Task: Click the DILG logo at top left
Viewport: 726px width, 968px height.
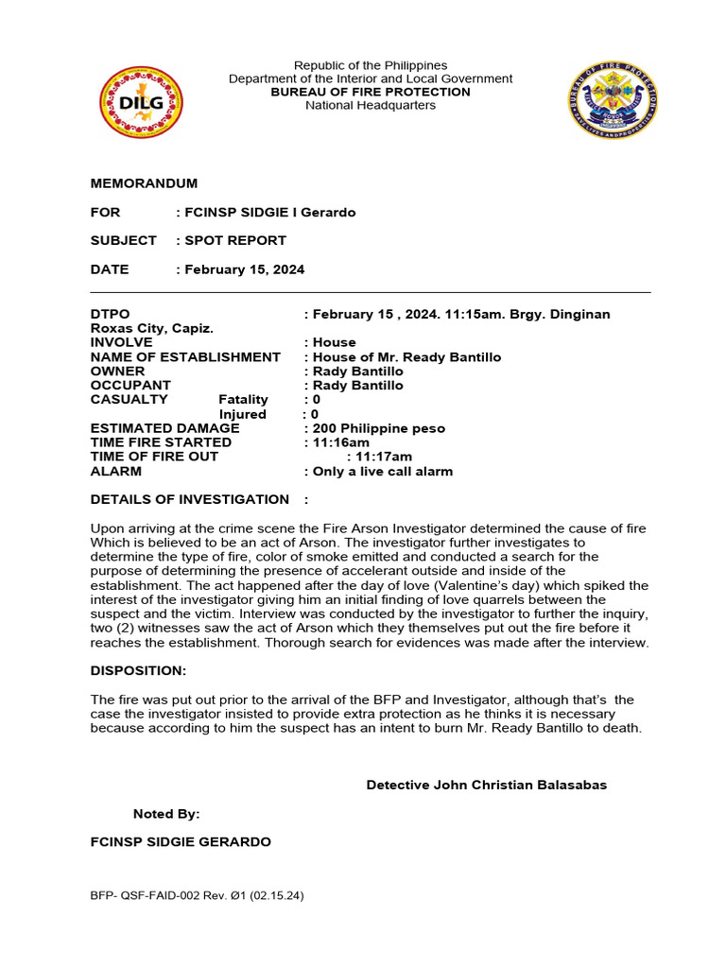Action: pyautogui.click(x=141, y=102)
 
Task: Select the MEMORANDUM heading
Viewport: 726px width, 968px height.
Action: pyautogui.click(x=144, y=183)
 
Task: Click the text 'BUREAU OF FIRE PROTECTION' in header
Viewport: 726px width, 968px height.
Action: pyautogui.click(x=370, y=92)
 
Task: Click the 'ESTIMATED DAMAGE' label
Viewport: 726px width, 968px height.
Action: pyautogui.click(x=164, y=428)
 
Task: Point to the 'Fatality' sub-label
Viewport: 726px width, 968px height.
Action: pyautogui.click(x=243, y=400)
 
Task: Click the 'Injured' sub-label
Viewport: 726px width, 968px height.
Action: pyautogui.click(x=242, y=414)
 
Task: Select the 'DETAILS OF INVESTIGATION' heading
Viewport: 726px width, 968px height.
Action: pyautogui.click(x=189, y=499)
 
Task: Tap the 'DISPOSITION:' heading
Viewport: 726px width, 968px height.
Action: pyautogui.click(x=138, y=670)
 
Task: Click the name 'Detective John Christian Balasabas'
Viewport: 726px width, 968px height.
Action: pyautogui.click(x=486, y=785)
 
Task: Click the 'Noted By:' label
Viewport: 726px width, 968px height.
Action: pyautogui.click(x=166, y=813)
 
